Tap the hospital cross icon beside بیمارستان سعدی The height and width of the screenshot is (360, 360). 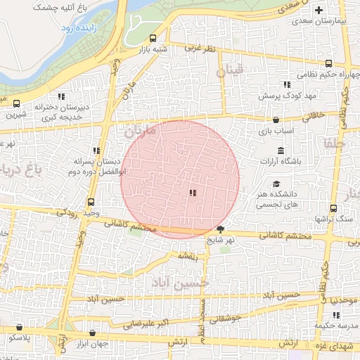pos(319,10)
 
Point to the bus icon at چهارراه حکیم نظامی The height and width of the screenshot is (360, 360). pos(328,64)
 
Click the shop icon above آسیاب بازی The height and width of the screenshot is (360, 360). pos(276,119)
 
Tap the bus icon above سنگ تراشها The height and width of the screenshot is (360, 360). pos(333,208)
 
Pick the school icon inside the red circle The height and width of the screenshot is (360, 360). pos(193,192)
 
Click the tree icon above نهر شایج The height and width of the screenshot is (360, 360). pos(221,229)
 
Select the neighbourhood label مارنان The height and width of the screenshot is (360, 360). pos(138,131)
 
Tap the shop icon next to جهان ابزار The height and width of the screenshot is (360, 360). pos(92,333)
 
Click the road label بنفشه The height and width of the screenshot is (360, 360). pos(188,256)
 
